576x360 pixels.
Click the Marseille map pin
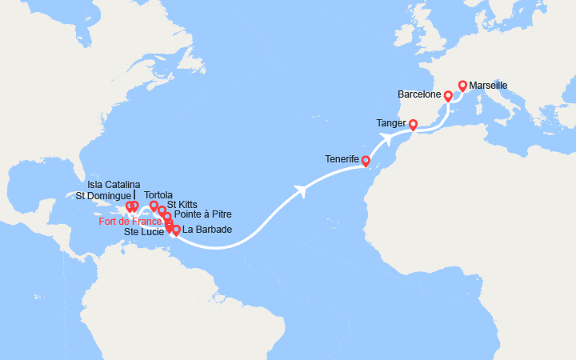462,84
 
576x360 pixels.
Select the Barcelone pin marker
448,96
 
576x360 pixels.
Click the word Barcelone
419,94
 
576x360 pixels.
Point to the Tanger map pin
413,124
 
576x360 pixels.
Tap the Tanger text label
390,123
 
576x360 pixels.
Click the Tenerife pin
366,160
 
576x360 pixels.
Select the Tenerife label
342,158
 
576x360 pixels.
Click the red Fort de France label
131,222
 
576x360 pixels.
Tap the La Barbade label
207,230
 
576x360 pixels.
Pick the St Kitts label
182,204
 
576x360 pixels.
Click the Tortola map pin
154,205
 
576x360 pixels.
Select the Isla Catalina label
114,185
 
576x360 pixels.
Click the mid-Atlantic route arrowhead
302,190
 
